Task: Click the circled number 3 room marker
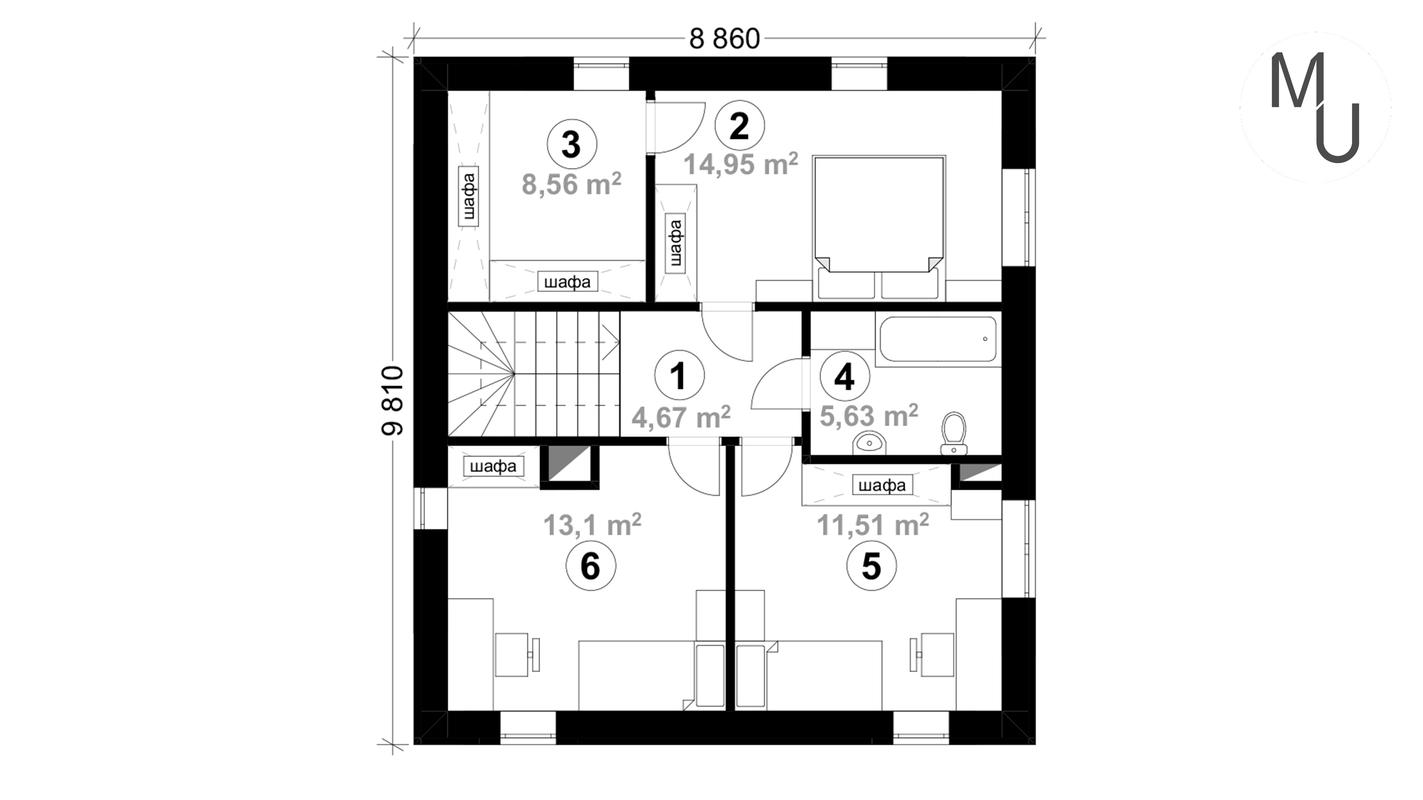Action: tap(572, 144)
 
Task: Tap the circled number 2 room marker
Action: tap(740, 126)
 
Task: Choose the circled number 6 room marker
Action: tap(591, 566)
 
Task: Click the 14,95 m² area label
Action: tap(741, 164)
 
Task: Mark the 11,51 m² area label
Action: tap(873, 524)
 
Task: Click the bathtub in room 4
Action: tap(938, 339)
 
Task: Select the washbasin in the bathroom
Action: tap(870, 443)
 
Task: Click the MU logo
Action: tap(1315, 107)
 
